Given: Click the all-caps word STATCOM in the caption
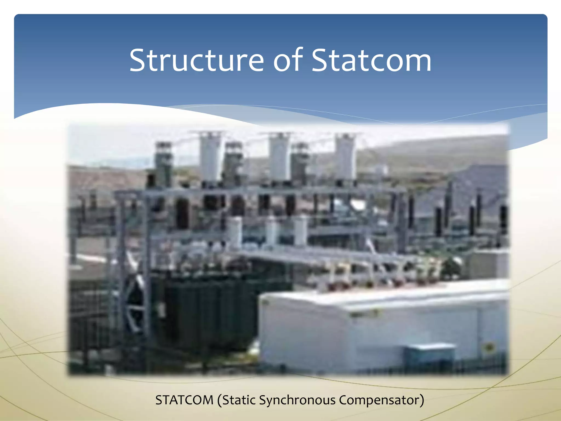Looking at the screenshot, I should point(184,400).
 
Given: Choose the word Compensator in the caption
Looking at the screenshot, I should point(379,400).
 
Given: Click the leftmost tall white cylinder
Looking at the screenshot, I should point(210,158).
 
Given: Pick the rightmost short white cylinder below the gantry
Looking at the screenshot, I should point(301,230).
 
